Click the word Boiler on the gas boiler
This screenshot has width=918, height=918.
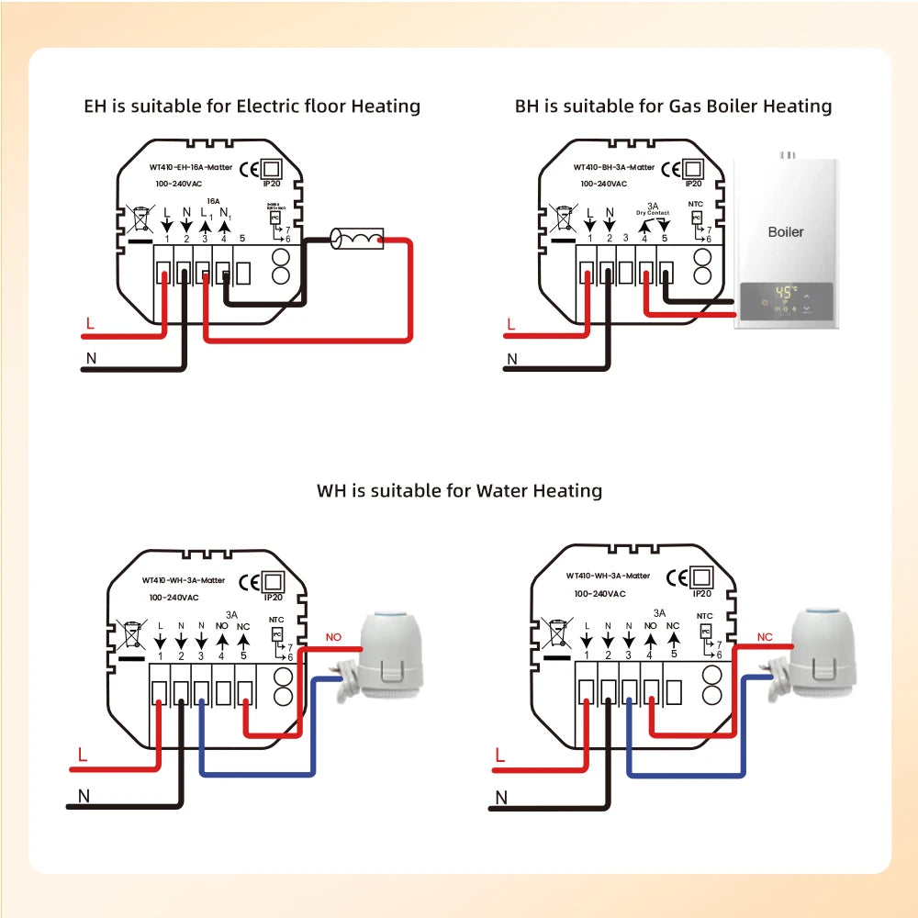point(785,231)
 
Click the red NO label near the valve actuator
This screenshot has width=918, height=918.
point(333,636)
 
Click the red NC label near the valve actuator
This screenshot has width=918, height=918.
point(764,636)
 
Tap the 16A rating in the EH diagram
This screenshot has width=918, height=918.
point(213,200)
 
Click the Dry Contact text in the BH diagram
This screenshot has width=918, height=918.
point(653,213)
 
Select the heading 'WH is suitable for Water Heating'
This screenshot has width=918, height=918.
point(459,490)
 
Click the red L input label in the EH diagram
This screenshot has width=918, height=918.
point(89,323)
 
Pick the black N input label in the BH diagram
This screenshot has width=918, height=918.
point(512,359)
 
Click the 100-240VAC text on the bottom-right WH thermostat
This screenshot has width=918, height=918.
point(599,593)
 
